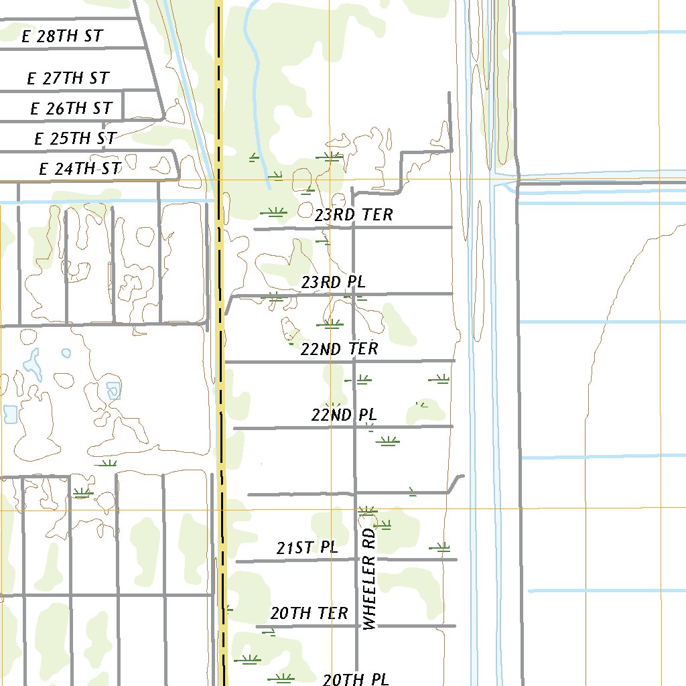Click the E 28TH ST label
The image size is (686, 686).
click(62, 36)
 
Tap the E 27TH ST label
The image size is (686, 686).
click(68, 78)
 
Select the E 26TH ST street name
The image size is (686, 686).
click(71, 109)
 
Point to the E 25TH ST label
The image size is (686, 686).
click(75, 139)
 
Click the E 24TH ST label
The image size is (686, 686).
click(80, 169)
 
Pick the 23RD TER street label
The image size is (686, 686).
click(354, 215)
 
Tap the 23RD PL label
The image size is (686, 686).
click(334, 282)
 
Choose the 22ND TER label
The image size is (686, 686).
click(339, 349)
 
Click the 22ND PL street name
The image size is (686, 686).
click(344, 415)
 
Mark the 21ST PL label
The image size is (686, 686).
click(307, 548)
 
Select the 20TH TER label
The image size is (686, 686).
click(310, 613)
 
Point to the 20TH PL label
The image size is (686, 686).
click(356, 679)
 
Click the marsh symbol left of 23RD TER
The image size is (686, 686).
click(273, 212)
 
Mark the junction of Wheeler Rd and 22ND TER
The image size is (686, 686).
click(354, 361)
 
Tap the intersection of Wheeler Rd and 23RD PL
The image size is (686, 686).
click(354, 294)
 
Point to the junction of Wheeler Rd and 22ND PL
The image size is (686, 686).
click(354, 427)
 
